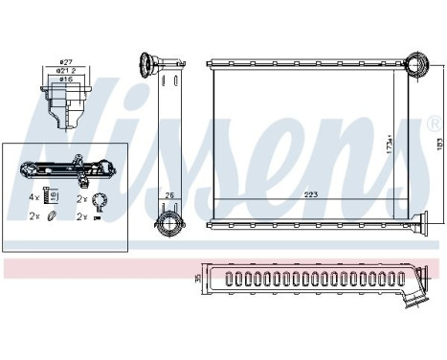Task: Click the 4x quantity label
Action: (34, 196)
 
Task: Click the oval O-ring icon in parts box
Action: (52, 217)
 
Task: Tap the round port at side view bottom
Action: (168, 226)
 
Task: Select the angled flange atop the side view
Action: (150, 65)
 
